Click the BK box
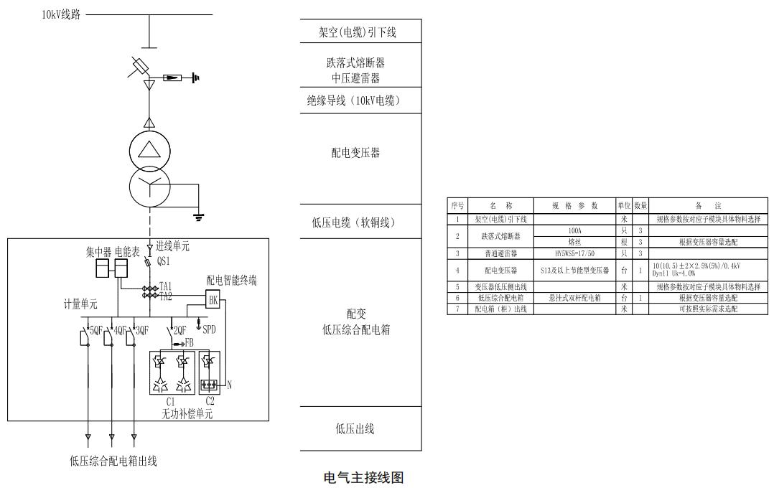(x=213, y=301)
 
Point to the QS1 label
(x=164, y=263)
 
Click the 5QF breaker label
(x=95, y=331)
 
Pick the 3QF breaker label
(x=141, y=331)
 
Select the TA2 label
(x=166, y=296)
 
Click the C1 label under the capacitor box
(x=170, y=402)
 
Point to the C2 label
(x=210, y=402)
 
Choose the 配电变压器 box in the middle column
(x=360, y=153)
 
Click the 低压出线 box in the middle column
(x=360, y=429)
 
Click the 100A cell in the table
(x=574, y=230)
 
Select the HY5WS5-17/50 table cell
(x=574, y=253)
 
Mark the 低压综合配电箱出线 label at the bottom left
(x=113, y=461)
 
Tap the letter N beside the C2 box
(x=229, y=385)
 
